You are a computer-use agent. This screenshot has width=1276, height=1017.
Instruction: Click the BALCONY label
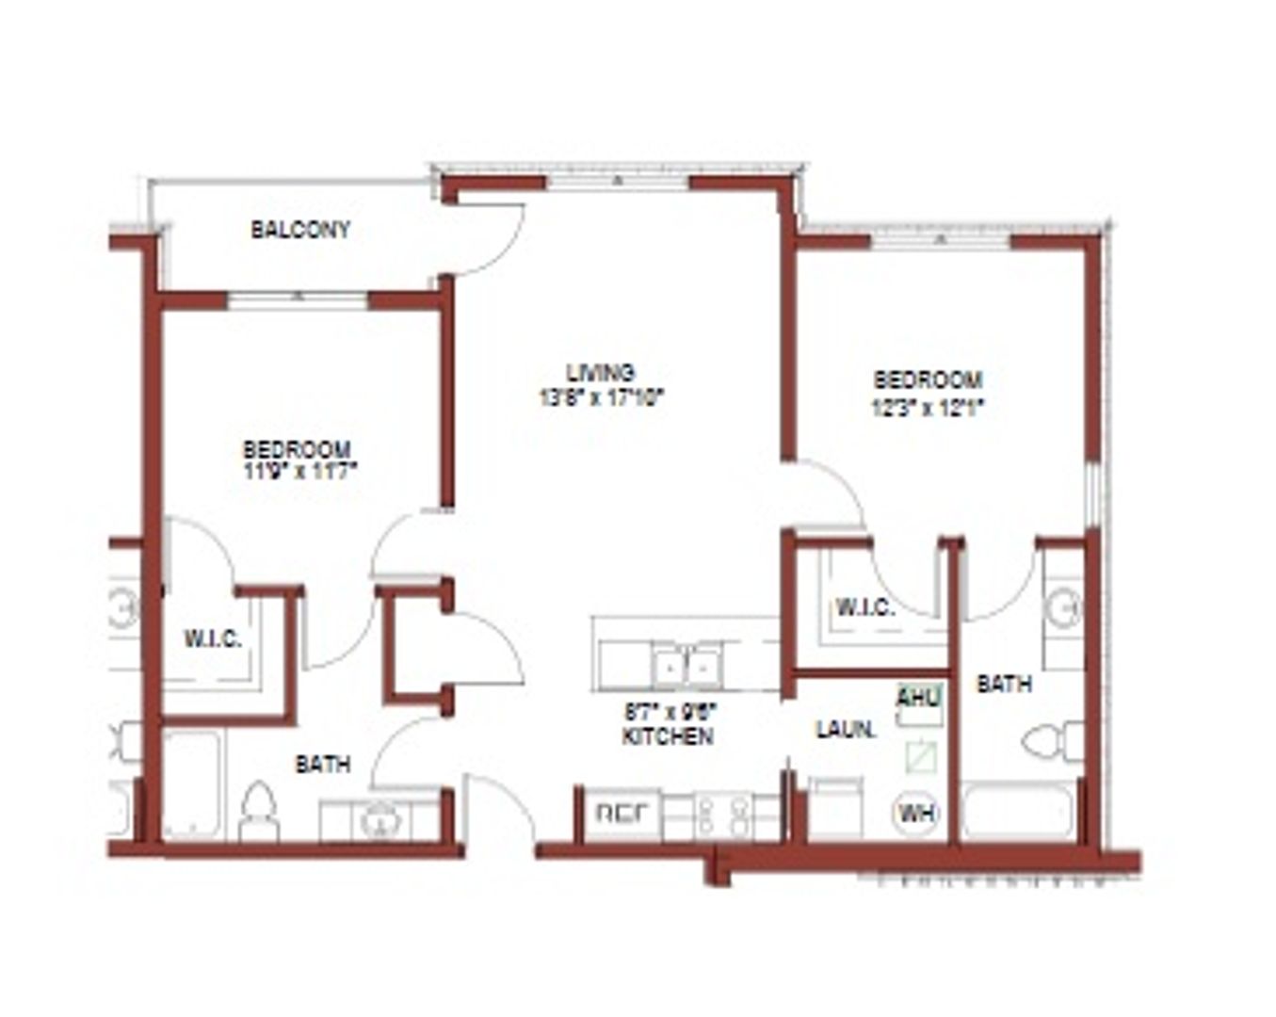(x=300, y=230)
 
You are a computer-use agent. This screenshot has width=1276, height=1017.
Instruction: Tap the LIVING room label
(x=601, y=372)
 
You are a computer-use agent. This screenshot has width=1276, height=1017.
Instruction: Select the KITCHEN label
(x=667, y=736)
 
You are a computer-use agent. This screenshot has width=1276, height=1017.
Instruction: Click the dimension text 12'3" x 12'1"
(x=929, y=408)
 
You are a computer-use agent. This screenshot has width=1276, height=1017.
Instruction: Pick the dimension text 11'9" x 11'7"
(x=297, y=470)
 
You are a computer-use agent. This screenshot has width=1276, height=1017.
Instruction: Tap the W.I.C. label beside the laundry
(x=864, y=607)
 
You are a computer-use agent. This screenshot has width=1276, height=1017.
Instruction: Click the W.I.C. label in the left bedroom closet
(x=213, y=639)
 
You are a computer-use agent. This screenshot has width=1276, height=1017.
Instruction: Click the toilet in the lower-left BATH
(x=258, y=812)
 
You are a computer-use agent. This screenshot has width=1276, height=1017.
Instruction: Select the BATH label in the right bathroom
(x=1004, y=684)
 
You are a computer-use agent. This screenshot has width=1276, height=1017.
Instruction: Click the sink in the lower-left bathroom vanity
(x=380, y=819)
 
